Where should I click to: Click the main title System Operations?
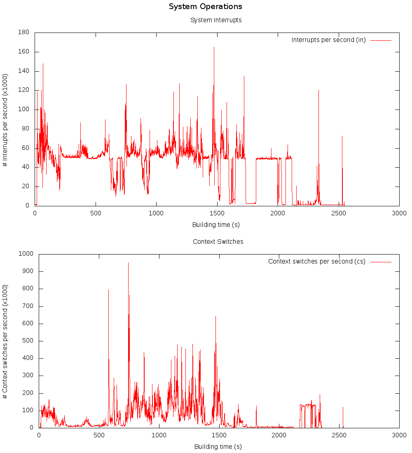click(x=206, y=7)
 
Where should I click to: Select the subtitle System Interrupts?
click(x=216, y=20)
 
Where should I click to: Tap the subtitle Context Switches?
click(x=218, y=241)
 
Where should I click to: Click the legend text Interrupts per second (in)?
click(x=328, y=40)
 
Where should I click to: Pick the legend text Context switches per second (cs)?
click(x=316, y=262)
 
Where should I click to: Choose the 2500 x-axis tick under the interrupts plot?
click(x=338, y=213)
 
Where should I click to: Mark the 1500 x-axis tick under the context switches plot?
click(x=219, y=435)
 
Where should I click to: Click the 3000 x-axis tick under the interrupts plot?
click(x=399, y=213)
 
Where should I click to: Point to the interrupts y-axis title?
click(x=5, y=119)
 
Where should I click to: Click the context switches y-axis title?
click(x=5, y=341)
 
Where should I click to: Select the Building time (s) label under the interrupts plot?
click(x=216, y=224)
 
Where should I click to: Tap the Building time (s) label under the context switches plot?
click(x=218, y=446)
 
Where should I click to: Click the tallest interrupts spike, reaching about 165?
click(x=214, y=48)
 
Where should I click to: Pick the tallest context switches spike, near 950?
click(x=128, y=264)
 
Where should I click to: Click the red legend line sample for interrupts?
click(x=381, y=40)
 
